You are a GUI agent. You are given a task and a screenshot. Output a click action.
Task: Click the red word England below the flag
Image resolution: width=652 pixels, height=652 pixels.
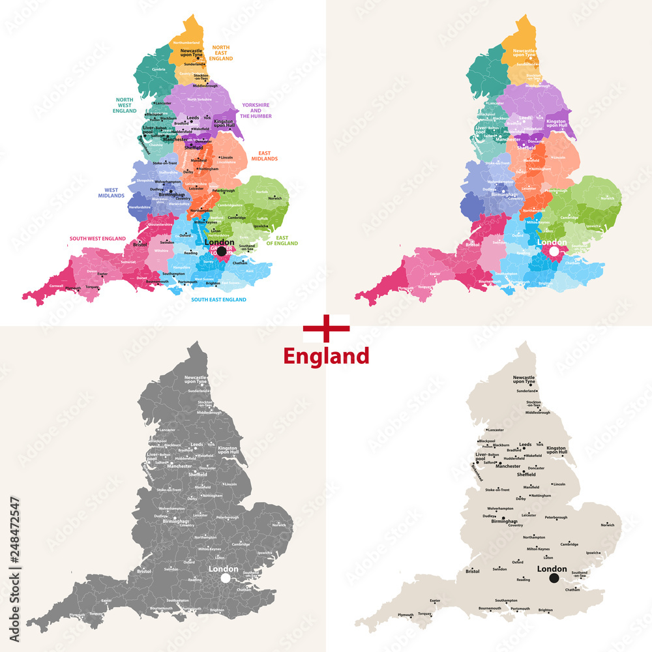click(326, 356)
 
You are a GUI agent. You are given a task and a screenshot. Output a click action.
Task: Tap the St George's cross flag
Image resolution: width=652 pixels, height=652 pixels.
click(326, 329)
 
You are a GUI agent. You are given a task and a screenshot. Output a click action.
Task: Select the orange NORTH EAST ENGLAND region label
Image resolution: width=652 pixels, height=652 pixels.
click(221, 53)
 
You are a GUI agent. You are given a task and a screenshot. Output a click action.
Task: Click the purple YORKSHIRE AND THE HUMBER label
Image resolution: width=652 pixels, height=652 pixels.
click(256, 110)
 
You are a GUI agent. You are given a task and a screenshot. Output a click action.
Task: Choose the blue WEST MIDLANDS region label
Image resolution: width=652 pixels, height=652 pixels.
click(111, 193)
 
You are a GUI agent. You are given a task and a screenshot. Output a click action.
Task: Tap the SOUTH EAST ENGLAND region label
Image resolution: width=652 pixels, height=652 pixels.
click(218, 299)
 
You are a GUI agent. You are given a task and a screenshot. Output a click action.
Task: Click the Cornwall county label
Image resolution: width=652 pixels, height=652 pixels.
click(56, 285)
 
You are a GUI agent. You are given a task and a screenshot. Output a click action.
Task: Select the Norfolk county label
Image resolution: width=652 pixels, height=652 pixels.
click(261, 192)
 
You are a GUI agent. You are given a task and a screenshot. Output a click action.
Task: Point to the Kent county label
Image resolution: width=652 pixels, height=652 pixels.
click(249, 270)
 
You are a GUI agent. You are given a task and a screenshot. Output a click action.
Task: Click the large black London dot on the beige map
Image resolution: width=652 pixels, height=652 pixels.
click(554, 578)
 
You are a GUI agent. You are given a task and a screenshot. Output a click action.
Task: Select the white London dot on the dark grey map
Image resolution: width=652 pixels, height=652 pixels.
click(226, 578)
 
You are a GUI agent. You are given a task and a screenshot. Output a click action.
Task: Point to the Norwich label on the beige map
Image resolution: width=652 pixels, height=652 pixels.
click(608, 525)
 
